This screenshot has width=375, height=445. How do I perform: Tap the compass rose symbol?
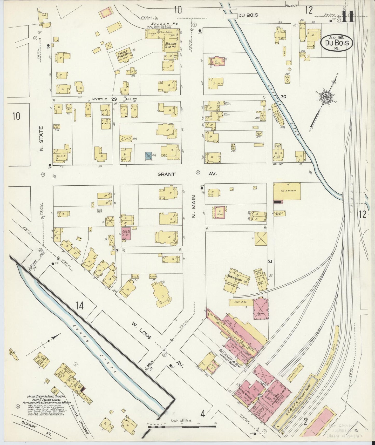pyautogui.click(x=325, y=97)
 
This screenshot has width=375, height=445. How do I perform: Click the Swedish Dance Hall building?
pyautogui.click(x=124, y=54)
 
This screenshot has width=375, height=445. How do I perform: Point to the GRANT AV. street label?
pyautogui.click(x=166, y=174)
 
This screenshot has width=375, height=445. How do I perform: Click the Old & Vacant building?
pyautogui.click(x=287, y=191)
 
